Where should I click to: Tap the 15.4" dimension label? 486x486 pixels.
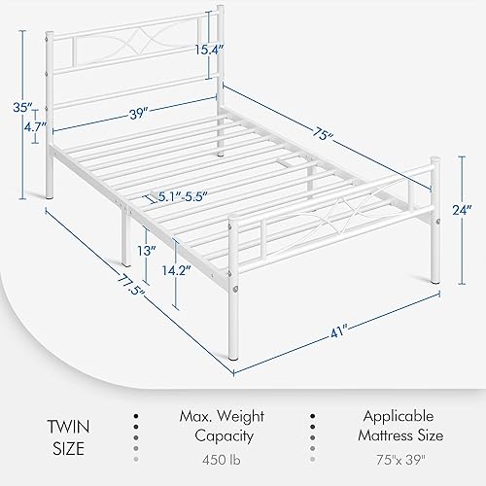(204, 49)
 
